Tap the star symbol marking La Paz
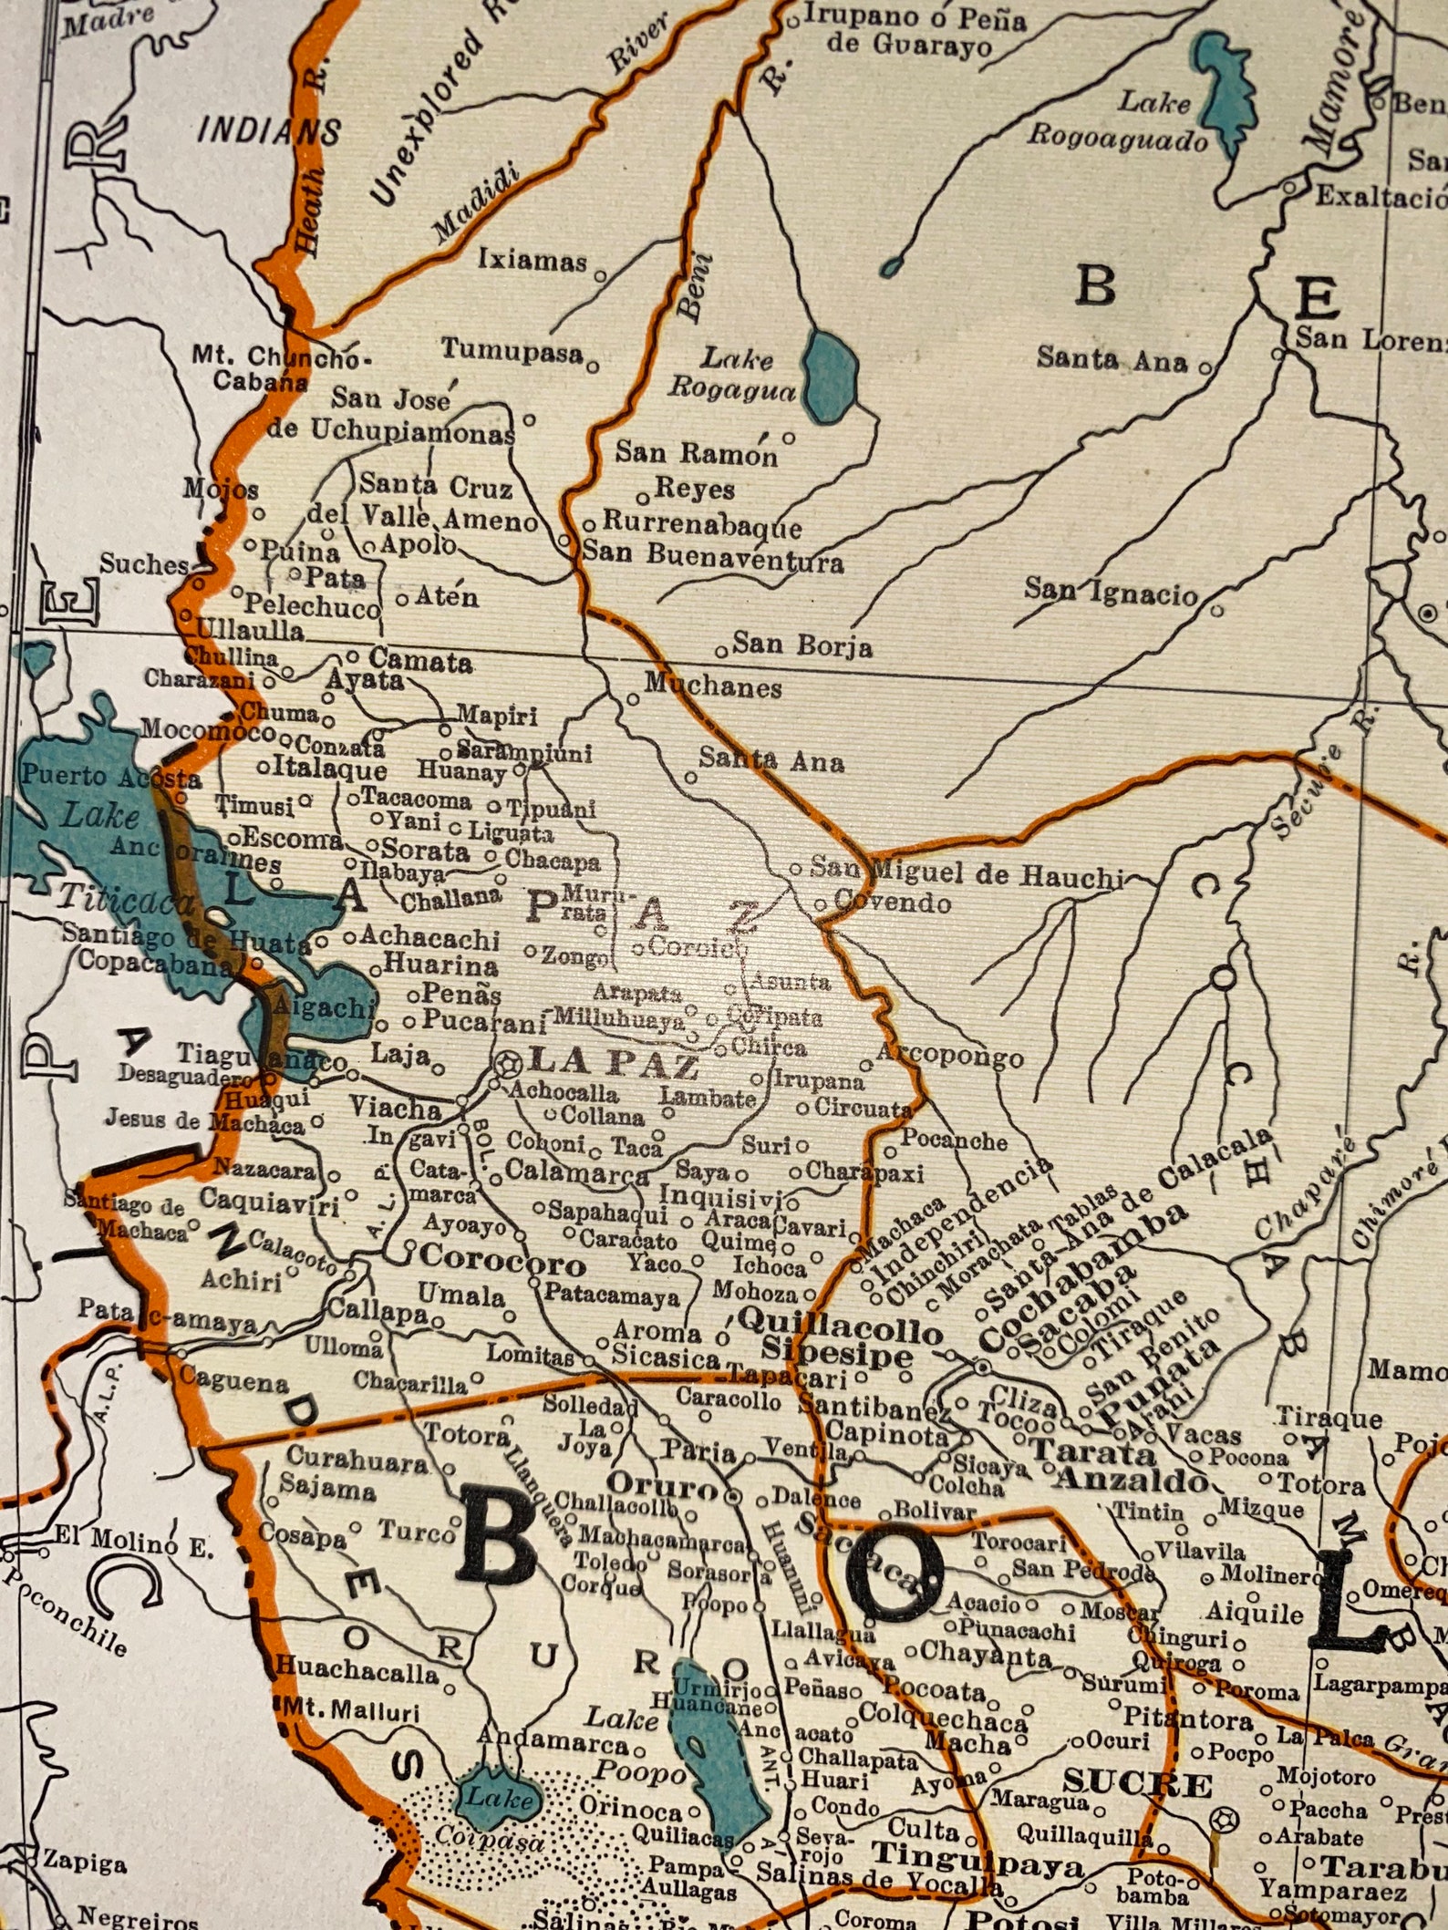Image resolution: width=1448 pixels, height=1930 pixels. click(x=506, y=1063)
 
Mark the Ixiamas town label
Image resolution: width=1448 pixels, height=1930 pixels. click(x=533, y=262)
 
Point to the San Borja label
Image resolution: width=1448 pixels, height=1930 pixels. click(x=802, y=645)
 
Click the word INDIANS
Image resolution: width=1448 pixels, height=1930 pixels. click(x=270, y=132)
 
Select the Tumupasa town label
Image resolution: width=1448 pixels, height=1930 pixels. click(x=512, y=351)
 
